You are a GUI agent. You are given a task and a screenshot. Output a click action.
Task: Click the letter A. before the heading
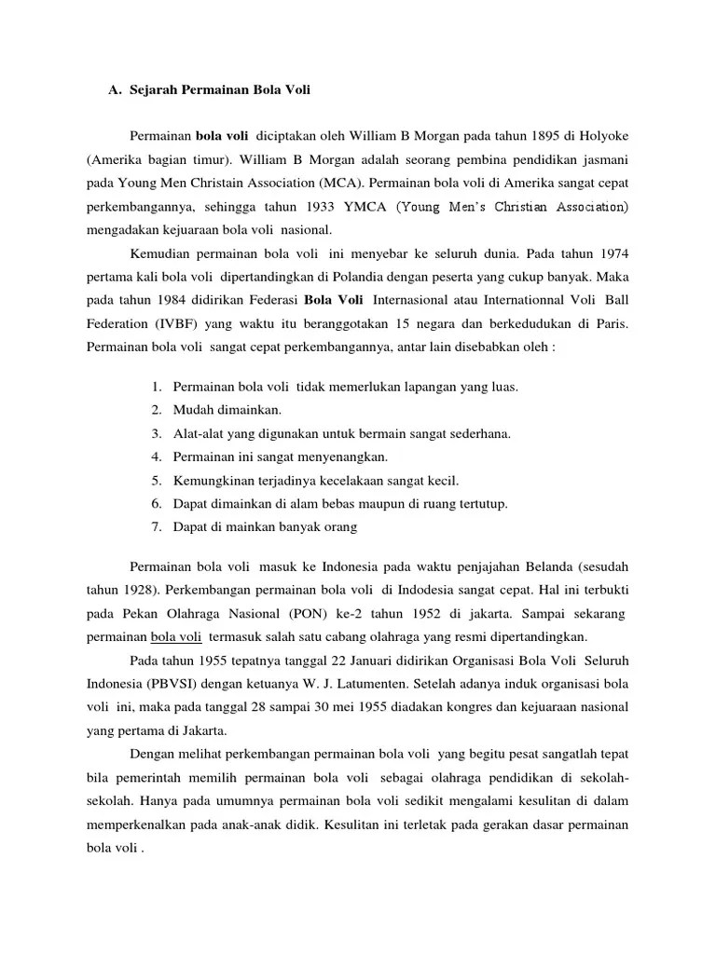116,90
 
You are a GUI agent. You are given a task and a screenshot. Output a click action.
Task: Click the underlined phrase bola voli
177,638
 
